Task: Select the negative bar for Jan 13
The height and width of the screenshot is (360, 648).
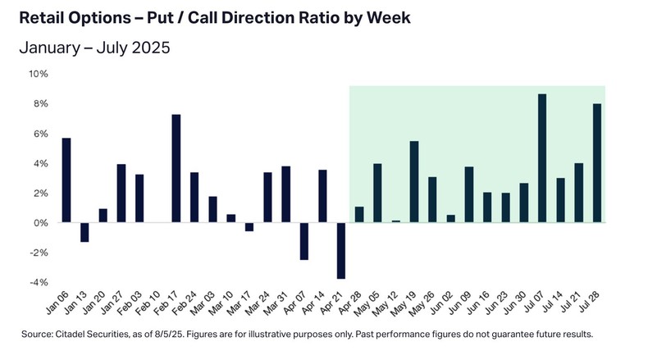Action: click(x=84, y=232)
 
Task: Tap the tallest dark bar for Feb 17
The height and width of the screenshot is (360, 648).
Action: click(x=176, y=168)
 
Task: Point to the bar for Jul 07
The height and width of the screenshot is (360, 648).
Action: click(x=542, y=158)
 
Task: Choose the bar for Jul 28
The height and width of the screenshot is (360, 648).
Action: click(x=597, y=163)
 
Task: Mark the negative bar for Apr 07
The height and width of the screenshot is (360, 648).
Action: click(x=303, y=241)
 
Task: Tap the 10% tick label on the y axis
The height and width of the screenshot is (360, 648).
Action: click(x=39, y=74)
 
